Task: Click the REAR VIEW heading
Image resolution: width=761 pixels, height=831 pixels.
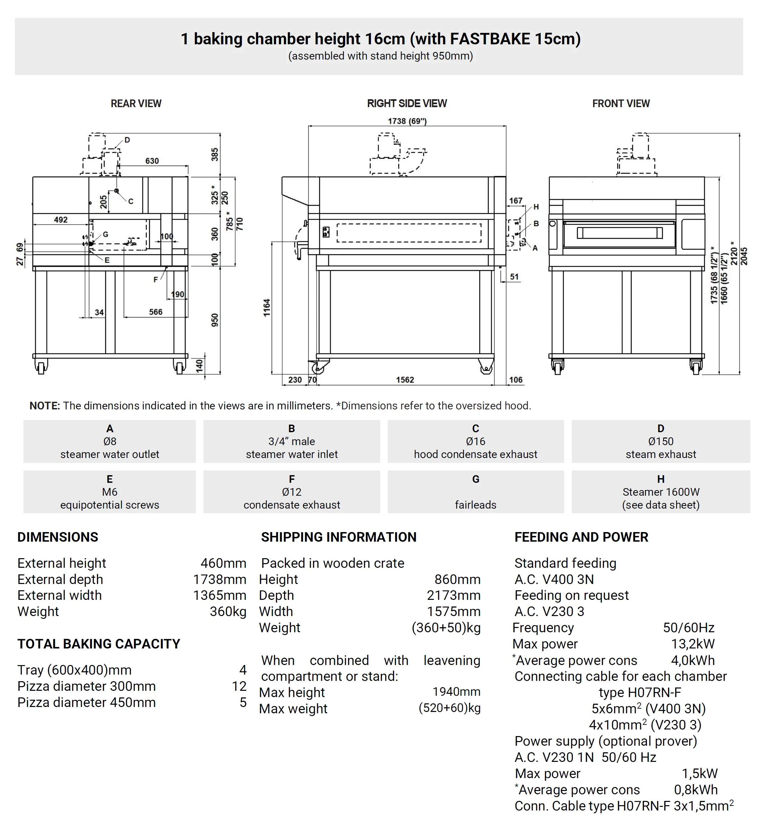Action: coord(136,104)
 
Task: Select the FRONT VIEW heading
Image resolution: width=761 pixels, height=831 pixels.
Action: coord(620,104)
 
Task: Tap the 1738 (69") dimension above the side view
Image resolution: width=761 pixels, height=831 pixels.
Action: coord(407,121)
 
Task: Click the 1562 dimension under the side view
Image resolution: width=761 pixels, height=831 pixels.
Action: coord(405,380)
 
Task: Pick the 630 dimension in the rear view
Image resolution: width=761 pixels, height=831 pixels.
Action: coord(152,161)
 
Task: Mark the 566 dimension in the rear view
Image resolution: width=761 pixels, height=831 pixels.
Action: coord(156,312)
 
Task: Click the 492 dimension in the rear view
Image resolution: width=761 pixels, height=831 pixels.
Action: coord(61,220)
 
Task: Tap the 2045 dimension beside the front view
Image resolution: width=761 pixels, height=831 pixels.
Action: coord(744,256)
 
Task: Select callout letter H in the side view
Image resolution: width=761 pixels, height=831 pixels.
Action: coord(536,207)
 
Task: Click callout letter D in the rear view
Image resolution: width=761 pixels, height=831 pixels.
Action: coord(127,140)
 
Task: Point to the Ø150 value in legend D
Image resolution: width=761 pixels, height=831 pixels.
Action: coord(660,441)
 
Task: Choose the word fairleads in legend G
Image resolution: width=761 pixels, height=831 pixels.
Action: coord(475,505)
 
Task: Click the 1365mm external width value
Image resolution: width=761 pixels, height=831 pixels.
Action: coord(219,595)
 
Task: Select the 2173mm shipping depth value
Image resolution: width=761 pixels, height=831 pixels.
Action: coord(453,595)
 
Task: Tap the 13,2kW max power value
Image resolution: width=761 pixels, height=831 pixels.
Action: coord(693,644)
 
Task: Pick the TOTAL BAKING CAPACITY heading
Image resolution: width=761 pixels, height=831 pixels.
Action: coord(99,644)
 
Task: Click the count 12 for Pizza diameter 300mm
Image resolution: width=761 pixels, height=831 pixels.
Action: coord(239,686)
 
